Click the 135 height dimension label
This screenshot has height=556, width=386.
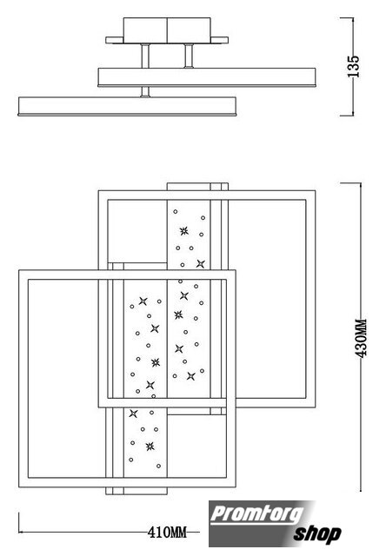point(353,66)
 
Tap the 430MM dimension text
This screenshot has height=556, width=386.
point(361,338)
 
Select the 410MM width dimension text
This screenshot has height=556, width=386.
point(167,532)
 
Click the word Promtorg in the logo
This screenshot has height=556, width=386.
point(256,513)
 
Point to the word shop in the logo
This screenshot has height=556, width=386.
point(317,534)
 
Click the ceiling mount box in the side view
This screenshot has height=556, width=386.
point(167,30)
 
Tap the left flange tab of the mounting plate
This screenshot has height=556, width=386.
point(114,40)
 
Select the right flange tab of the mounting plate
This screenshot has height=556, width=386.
point(219,40)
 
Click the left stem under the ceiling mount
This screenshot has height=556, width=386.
point(145,56)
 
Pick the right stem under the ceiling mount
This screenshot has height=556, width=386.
point(189,56)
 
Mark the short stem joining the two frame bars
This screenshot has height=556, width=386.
point(145,91)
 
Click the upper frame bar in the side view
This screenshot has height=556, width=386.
point(207,77)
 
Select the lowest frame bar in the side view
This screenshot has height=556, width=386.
point(127,106)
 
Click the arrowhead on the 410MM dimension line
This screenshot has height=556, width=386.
point(21,532)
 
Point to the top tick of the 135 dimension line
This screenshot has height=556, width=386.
point(347,17)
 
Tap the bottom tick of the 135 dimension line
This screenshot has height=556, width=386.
point(347,116)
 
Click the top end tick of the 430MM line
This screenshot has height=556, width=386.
point(350,183)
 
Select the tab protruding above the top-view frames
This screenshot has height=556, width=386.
point(197,187)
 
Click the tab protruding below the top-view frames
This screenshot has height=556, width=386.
point(136,491)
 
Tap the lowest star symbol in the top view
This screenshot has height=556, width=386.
point(150,447)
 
